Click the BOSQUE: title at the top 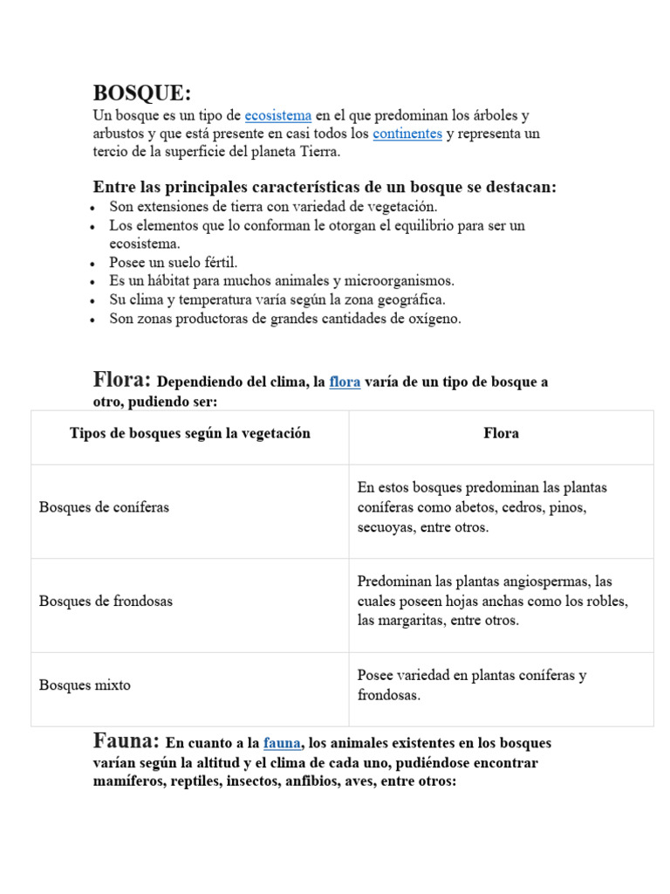[141, 93]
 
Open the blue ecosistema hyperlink [277, 115]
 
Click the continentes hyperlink [407, 134]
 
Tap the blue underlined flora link [345, 382]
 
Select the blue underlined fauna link [283, 743]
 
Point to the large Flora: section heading [122, 380]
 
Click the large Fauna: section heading [126, 741]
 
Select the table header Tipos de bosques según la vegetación [190, 434]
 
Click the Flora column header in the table [501, 434]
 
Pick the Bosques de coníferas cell [105, 507]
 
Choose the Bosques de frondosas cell [106, 602]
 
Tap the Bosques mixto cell [85, 685]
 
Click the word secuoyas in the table [386, 527]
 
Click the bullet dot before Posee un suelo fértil [93, 264]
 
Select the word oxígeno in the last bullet [431, 319]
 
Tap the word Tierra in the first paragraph [320, 152]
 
